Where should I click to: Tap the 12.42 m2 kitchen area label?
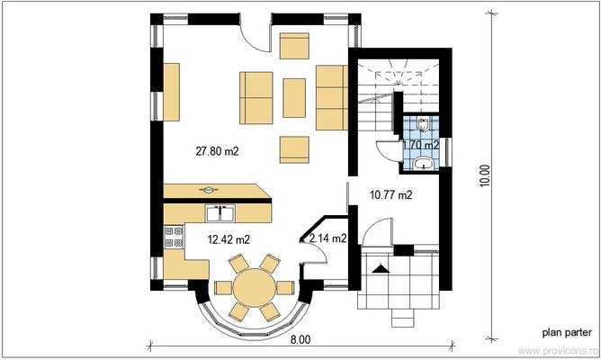tap(229, 239)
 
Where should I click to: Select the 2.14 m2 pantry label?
tap(327, 238)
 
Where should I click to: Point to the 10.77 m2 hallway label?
tap(391, 193)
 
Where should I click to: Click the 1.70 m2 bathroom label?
tap(420, 144)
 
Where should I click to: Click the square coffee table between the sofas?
tap(295, 97)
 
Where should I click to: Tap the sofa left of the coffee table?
tap(256, 97)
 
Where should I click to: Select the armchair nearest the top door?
tap(294, 46)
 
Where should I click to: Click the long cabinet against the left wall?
tap(171, 92)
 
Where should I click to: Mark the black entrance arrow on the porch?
tap(381, 267)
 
